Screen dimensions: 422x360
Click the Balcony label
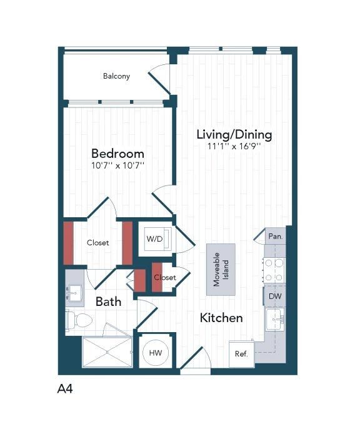[116, 76]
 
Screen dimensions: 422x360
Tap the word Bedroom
[117, 154]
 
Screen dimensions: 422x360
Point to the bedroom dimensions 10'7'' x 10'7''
[117, 166]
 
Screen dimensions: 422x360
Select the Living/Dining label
[234, 134]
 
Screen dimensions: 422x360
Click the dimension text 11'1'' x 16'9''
[234, 146]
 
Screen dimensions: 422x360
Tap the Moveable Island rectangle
[221, 270]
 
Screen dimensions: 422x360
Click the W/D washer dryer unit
[154, 239]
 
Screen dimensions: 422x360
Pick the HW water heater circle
[154, 353]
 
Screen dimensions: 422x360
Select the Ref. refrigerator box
[241, 354]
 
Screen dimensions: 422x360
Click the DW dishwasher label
[275, 297]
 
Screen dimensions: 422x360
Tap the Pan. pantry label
[275, 237]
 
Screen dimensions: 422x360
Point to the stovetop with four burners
[274, 270]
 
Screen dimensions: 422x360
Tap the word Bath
[108, 302]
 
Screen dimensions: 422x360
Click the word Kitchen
[221, 318]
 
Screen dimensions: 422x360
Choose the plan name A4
[66, 389]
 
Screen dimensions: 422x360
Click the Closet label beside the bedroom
[98, 243]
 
